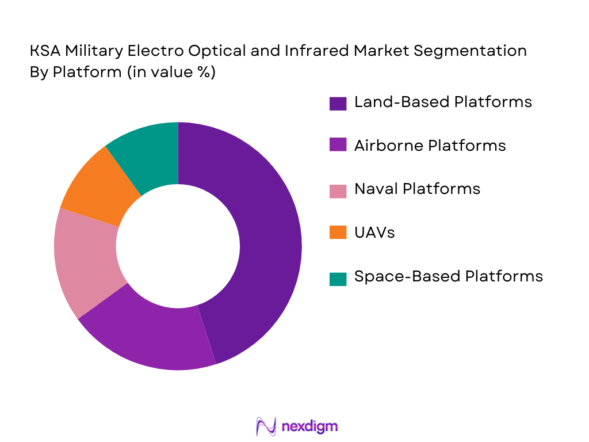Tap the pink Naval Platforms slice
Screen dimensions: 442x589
(x=86, y=259)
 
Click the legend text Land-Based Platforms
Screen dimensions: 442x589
(x=443, y=102)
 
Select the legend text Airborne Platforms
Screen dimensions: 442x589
(x=430, y=146)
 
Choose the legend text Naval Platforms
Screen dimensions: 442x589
(x=417, y=189)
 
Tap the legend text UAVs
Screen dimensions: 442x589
(x=374, y=233)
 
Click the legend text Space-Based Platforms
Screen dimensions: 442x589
(x=448, y=276)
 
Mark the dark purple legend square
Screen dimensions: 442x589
(x=338, y=103)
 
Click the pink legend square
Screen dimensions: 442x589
(x=338, y=190)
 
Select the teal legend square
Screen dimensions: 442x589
(x=338, y=278)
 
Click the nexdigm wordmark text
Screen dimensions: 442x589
(x=309, y=426)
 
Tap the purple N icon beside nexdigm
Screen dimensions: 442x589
(x=266, y=426)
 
